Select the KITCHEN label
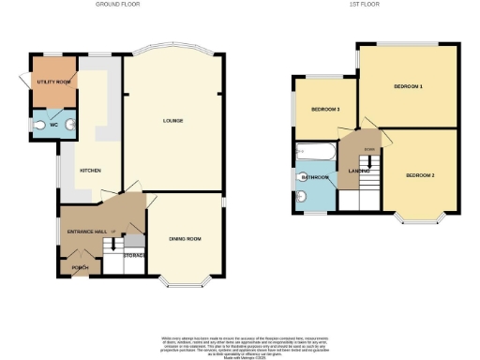click(x=90, y=170)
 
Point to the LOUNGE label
click(x=172, y=120)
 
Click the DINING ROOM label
click(x=185, y=239)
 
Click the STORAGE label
click(x=134, y=254)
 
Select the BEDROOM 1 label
click(x=408, y=86)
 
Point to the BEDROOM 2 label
click(x=420, y=175)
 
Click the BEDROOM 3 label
click(x=325, y=110)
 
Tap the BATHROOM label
click(x=315, y=176)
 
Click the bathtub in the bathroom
click(x=316, y=151)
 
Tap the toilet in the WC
click(x=39, y=125)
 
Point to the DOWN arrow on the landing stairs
click(x=369, y=149)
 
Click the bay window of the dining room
click(x=184, y=280)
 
